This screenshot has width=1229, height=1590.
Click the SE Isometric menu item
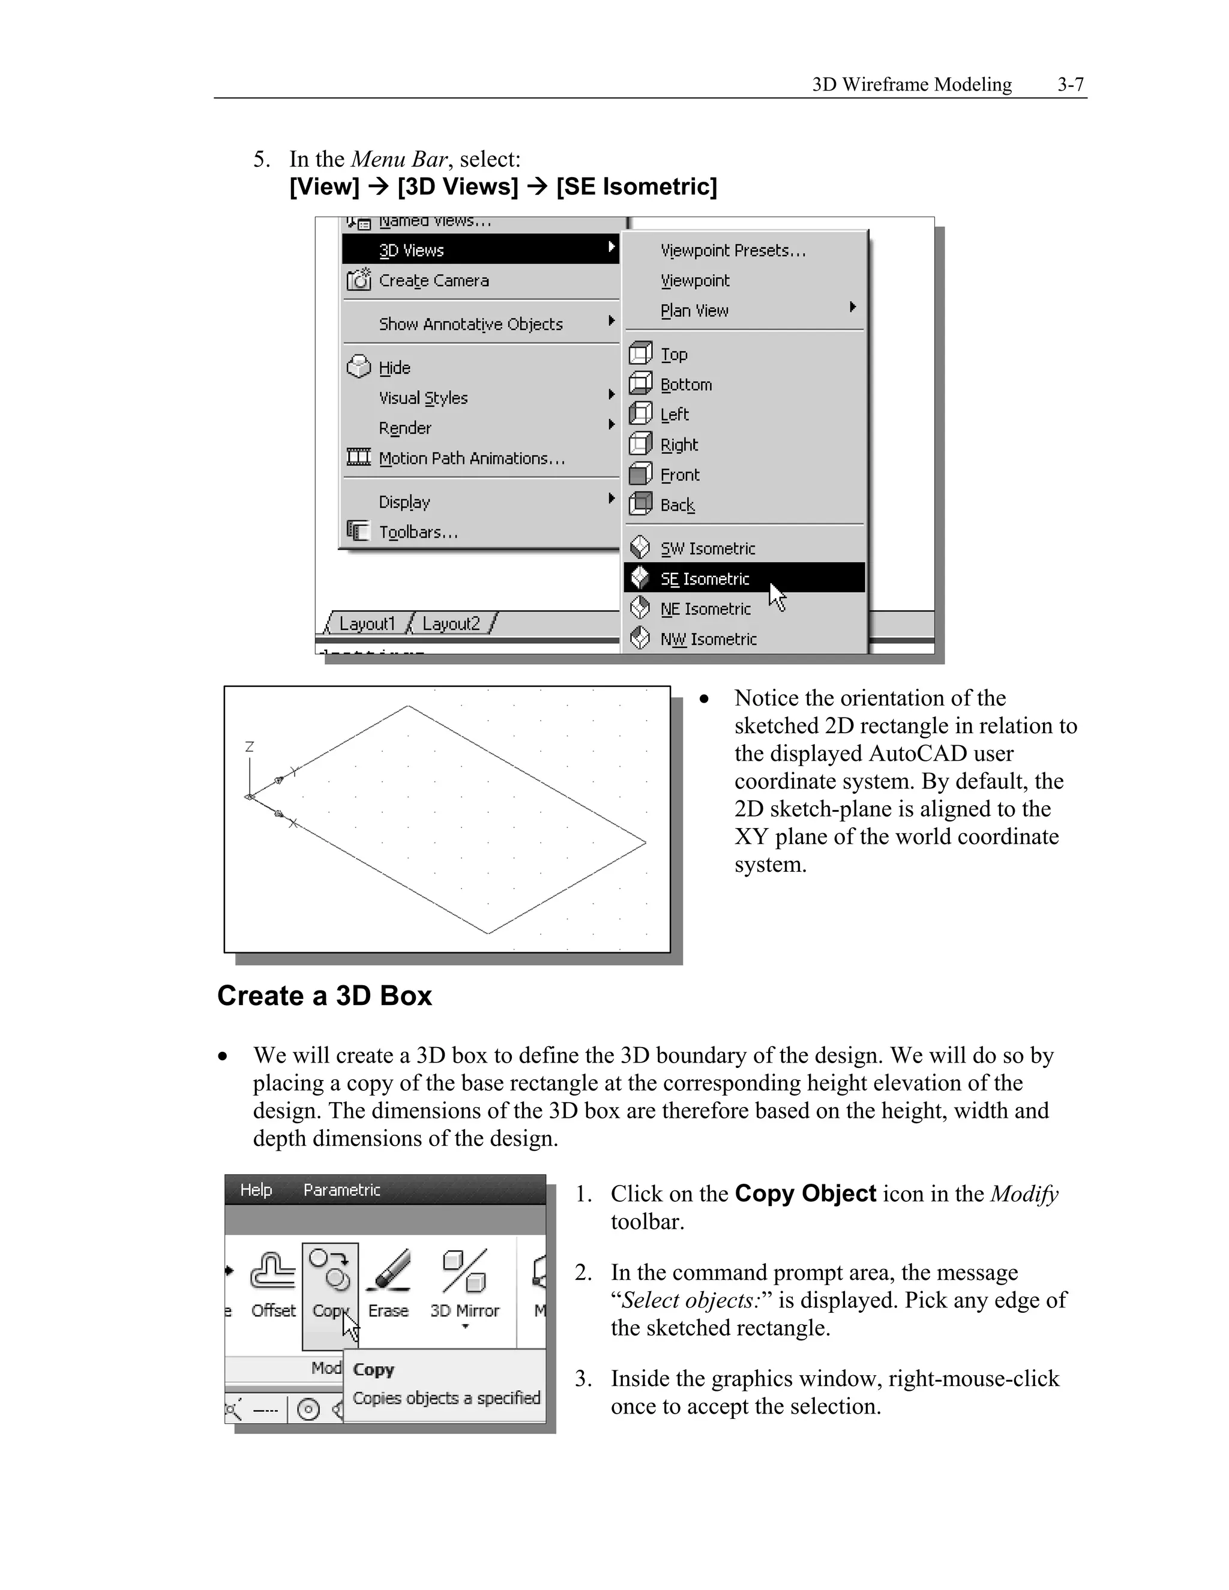(x=704, y=579)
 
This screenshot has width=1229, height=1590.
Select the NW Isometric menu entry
(x=708, y=639)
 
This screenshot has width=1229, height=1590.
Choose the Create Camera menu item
(x=433, y=280)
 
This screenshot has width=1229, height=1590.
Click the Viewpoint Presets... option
(x=733, y=250)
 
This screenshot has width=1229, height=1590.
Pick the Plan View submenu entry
(x=694, y=311)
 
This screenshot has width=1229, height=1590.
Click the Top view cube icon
(x=640, y=354)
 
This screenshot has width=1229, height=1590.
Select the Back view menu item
(x=677, y=505)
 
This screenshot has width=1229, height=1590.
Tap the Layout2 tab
(x=451, y=624)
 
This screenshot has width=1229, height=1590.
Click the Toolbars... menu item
(x=418, y=532)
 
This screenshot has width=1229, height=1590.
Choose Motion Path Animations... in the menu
(x=471, y=458)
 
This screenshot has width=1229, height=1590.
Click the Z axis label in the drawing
(x=249, y=747)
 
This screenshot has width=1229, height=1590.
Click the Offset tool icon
(x=273, y=1272)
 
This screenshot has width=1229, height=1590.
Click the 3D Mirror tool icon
(x=464, y=1271)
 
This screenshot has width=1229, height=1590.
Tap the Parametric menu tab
(x=341, y=1190)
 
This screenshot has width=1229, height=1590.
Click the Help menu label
(x=256, y=1190)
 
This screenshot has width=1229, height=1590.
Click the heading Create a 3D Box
(x=325, y=996)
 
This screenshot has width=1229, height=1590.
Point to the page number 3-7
(x=1071, y=85)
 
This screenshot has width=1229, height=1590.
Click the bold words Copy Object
(x=805, y=1194)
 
